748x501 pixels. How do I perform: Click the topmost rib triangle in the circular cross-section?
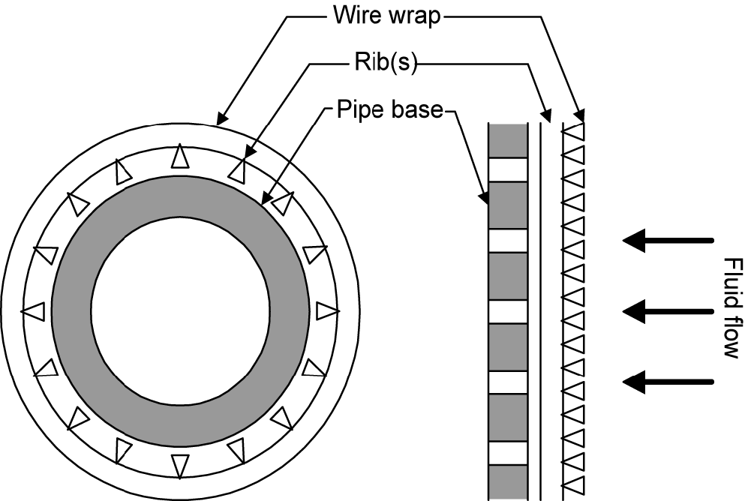tap(179, 156)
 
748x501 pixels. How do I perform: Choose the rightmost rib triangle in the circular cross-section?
tap(326, 310)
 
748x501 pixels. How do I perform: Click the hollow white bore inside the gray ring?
tap(180, 310)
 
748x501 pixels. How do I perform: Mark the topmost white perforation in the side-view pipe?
tap(508, 169)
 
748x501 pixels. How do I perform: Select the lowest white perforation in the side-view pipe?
tap(508, 454)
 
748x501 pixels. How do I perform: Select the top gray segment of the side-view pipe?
tap(508, 139)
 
